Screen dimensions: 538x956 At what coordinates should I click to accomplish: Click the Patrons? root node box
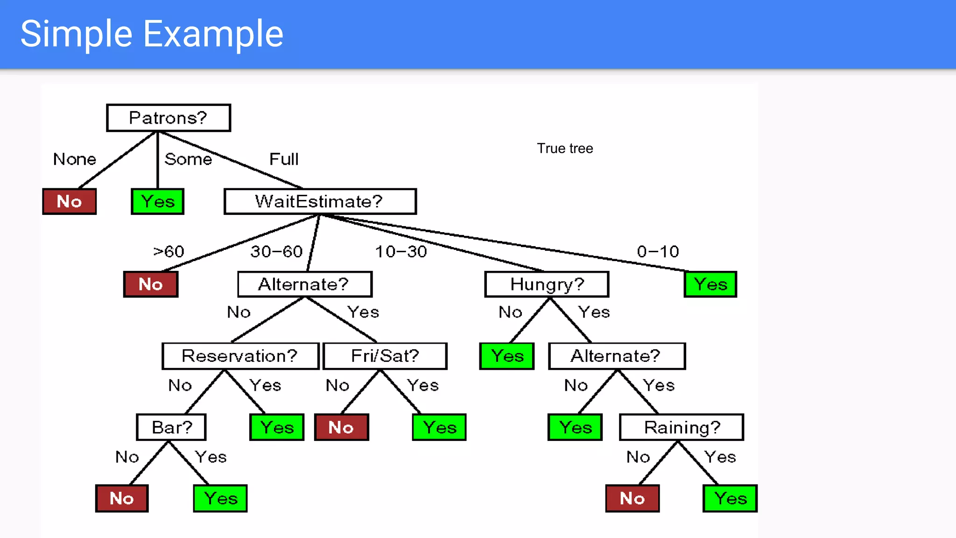pyautogui.click(x=168, y=118)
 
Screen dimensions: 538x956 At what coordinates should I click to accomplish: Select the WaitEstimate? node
pyautogui.click(x=320, y=201)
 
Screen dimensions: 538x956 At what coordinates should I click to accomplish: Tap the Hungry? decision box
pyautogui.click(x=547, y=284)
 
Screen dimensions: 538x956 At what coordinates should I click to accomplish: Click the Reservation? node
pyautogui.click(x=240, y=356)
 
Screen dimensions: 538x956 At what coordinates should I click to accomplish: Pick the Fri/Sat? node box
pyautogui.click(x=385, y=356)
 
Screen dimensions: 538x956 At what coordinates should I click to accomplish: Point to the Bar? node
pyautogui.click(x=171, y=427)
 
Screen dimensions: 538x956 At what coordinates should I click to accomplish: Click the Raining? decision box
pyautogui.click(x=681, y=427)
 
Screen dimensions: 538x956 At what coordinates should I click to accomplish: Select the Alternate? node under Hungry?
pyautogui.click(x=616, y=356)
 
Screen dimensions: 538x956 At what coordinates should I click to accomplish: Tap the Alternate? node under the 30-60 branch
pyautogui.click(x=304, y=284)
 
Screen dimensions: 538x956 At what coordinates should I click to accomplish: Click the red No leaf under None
pyautogui.click(x=69, y=201)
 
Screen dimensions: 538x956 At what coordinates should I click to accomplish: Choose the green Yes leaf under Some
pyautogui.click(x=158, y=201)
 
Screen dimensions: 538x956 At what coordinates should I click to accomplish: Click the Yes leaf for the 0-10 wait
pyautogui.click(x=710, y=284)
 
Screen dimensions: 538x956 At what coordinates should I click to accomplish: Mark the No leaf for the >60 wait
pyautogui.click(x=151, y=284)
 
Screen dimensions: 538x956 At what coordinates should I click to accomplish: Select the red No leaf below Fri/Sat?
pyautogui.click(x=341, y=427)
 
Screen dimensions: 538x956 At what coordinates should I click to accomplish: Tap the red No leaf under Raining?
pyautogui.click(x=632, y=498)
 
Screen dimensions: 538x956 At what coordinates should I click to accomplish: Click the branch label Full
pyautogui.click(x=283, y=159)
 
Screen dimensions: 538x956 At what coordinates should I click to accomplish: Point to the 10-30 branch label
pyautogui.click(x=401, y=252)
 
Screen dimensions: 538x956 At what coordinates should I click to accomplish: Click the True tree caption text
pyautogui.click(x=564, y=149)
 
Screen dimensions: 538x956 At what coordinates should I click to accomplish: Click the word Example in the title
pyautogui.click(x=213, y=34)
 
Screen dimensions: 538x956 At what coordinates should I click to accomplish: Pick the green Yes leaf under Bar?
pyautogui.click(x=220, y=498)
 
